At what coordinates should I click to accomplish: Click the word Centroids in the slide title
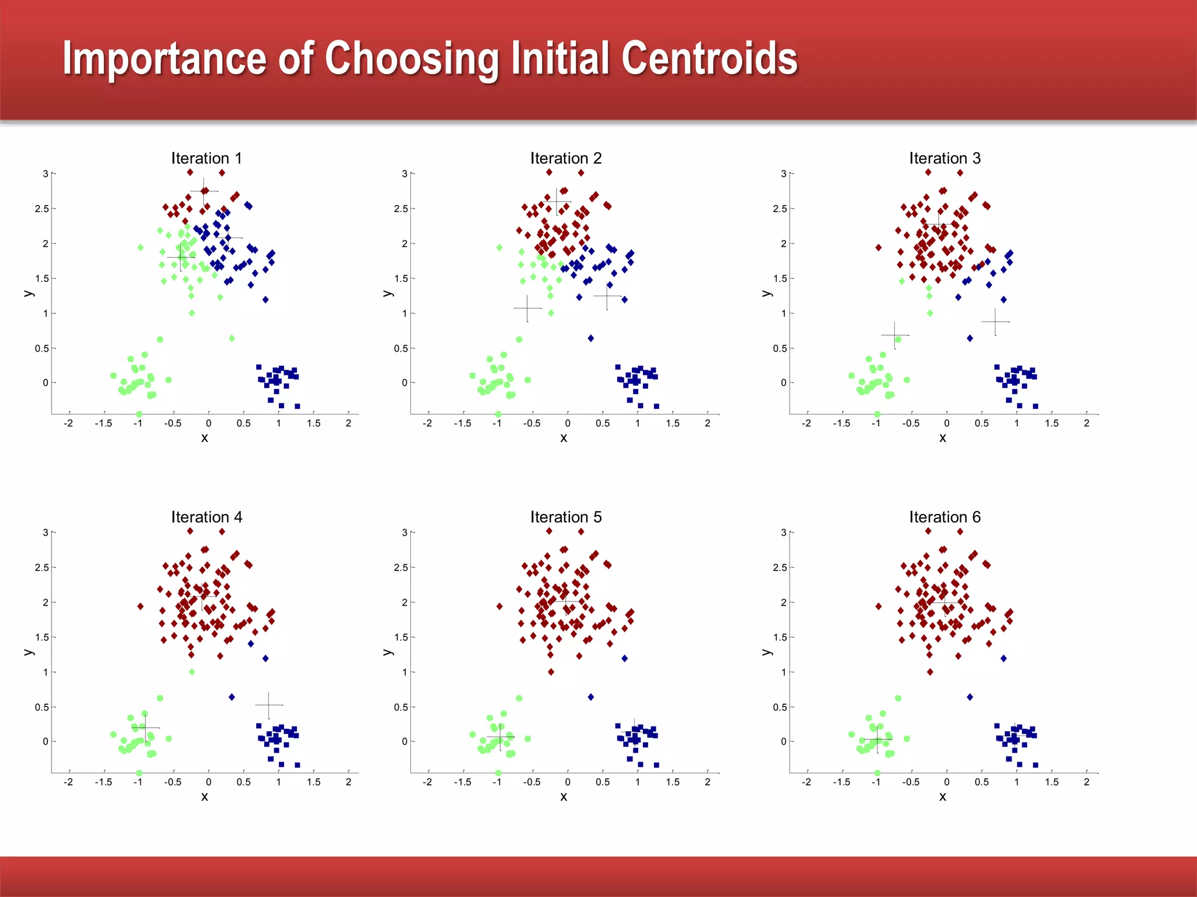click(709, 58)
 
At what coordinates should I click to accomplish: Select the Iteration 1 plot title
click(206, 158)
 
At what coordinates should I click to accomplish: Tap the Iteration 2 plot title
click(565, 158)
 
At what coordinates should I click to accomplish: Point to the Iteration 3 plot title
click(945, 158)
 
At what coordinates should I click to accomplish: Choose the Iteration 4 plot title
click(206, 517)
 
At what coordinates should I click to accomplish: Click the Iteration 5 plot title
click(565, 517)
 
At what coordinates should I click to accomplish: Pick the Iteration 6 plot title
click(945, 517)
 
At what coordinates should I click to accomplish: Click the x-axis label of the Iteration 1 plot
click(205, 438)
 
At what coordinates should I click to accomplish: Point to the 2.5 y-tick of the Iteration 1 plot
click(41, 208)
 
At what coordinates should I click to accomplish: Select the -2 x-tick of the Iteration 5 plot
click(427, 782)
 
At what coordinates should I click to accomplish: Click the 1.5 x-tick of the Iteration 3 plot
click(1051, 423)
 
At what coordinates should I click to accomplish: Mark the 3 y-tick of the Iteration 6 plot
click(783, 533)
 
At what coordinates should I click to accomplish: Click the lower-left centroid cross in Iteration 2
click(527, 308)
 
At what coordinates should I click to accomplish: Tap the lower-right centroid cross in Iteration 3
click(995, 322)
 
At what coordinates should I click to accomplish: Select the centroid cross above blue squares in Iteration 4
click(268, 705)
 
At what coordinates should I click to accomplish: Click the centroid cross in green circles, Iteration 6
click(877, 739)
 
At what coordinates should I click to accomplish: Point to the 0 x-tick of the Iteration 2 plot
click(568, 423)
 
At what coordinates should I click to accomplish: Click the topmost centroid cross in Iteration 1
click(203, 191)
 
